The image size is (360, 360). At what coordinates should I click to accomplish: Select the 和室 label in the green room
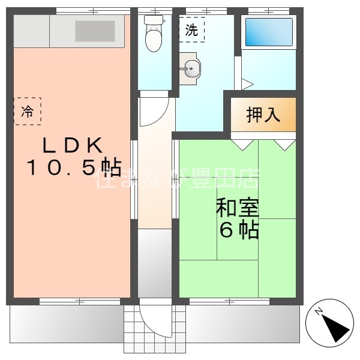point(238,209)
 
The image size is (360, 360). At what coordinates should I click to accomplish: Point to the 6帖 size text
point(239,230)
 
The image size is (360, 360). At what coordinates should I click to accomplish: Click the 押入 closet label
point(263,114)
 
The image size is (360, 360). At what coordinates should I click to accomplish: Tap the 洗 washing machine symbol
point(191,31)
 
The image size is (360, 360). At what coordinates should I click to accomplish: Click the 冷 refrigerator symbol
point(28,111)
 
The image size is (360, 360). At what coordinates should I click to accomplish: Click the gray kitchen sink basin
point(94,31)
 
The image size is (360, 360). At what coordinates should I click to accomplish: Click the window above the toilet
point(154,11)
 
